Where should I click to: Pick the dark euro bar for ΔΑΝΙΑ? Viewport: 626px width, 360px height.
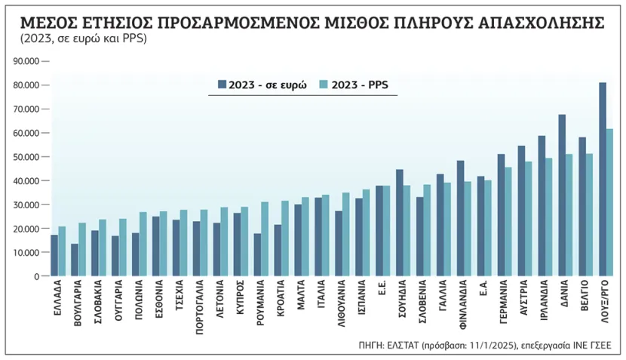[x=562, y=195]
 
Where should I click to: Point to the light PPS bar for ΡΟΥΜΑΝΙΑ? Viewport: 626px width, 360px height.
[x=264, y=238]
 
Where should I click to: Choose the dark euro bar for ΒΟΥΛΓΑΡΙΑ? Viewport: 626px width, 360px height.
[x=75, y=260]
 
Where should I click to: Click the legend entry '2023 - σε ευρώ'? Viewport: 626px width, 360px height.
[x=261, y=86]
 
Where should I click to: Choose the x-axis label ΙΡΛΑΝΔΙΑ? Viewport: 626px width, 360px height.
[x=542, y=306]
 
